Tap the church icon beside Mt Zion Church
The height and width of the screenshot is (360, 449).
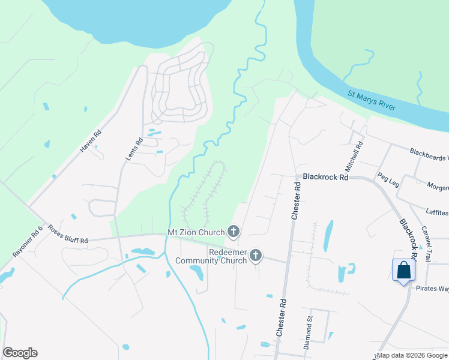[x=234, y=232]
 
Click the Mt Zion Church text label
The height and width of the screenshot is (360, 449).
[x=196, y=232]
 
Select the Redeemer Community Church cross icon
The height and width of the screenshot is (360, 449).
[x=256, y=256]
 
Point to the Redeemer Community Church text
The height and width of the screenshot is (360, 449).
[x=211, y=256]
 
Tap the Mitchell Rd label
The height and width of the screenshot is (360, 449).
[x=359, y=153]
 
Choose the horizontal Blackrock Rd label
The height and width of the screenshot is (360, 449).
[x=325, y=177]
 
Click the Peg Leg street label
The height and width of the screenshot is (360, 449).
[x=388, y=179]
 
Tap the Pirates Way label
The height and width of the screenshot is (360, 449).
[x=432, y=289]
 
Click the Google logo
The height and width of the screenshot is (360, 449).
[x=20, y=353]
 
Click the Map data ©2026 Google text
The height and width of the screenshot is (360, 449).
[x=411, y=355]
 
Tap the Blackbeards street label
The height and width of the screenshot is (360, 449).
[x=429, y=154]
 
